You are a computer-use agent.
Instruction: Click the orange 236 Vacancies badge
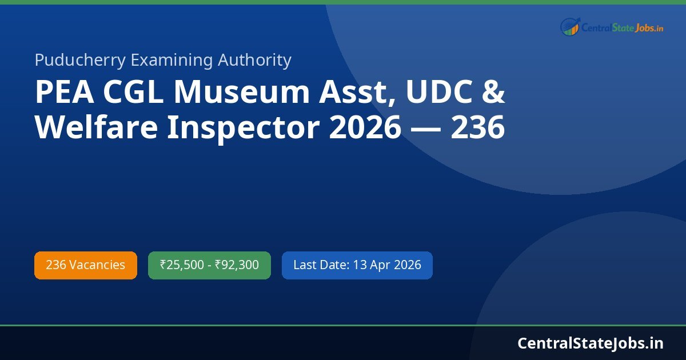(86, 265)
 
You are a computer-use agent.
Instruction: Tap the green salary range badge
(209, 265)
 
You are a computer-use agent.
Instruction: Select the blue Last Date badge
(357, 265)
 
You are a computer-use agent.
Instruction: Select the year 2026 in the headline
(365, 128)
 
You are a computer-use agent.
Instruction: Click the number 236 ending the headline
(478, 128)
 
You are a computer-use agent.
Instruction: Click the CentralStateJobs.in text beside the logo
(622, 27)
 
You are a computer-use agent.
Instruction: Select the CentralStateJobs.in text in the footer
(591, 343)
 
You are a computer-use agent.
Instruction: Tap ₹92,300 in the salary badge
(237, 265)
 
